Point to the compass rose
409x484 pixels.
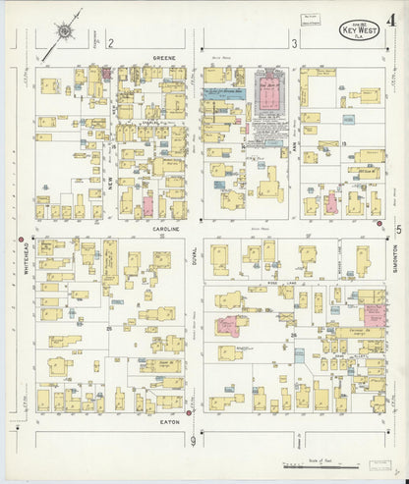tap(64, 31)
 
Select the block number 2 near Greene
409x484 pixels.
tap(112, 43)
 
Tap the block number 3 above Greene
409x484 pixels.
tap(294, 43)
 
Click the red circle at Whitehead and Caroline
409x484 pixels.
tap(21, 239)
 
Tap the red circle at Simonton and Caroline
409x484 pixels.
tap(380, 224)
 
